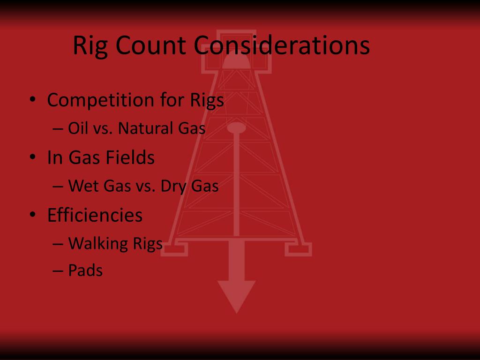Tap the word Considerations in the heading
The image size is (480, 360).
pyautogui.click(x=282, y=46)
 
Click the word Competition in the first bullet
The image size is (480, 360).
pyautogui.click(x=97, y=100)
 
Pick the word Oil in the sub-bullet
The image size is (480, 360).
pyautogui.click(x=76, y=128)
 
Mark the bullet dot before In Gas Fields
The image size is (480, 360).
pyautogui.click(x=32, y=158)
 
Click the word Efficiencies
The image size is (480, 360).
pyautogui.click(x=95, y=215)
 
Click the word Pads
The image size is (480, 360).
pyautogui.click(x=85, y=270)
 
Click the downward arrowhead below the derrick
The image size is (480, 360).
pyautogui.click(x=237, y=295)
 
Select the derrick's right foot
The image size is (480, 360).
pyautogui.click(x=298, y=248)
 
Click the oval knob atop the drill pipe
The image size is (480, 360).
pyautogui.click(x=236, y=127)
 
